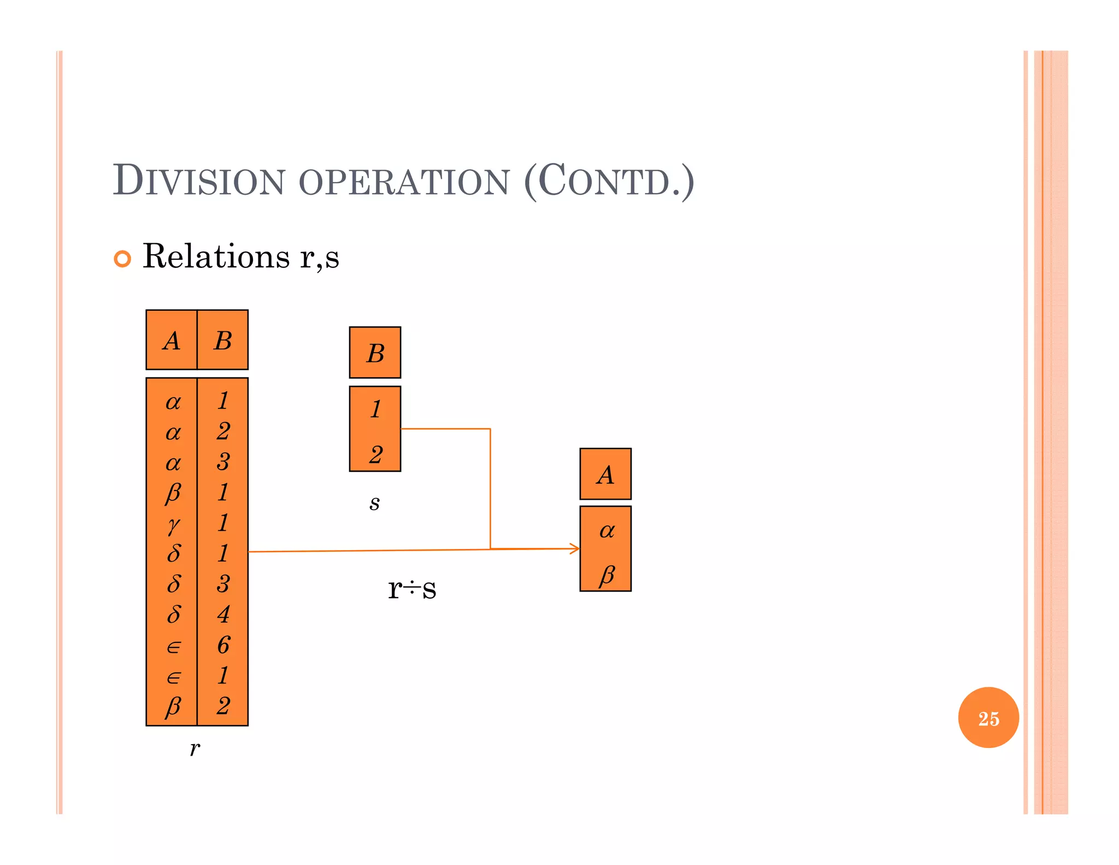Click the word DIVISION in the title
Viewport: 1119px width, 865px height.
click(199, 181)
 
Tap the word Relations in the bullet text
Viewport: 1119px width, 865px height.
click(216, 256)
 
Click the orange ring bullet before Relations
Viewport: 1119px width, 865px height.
click(122, 259)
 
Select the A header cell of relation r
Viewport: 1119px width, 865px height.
click(172, 340)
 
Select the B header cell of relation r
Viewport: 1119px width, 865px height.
click(222, 340)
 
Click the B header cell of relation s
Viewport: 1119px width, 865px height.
click(375, 353)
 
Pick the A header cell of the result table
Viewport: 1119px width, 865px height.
click(605, 474)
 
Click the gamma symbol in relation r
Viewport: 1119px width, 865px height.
click(173, 524)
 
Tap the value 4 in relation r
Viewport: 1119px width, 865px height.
click(223, 614)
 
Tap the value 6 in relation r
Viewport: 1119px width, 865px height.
click(223, 645)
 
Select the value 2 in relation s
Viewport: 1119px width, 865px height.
click(375, 454)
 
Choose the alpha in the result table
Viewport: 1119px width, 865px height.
click(606, 530)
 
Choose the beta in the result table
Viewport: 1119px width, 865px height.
click(606, 575)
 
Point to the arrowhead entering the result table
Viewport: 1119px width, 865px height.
click(575, 548)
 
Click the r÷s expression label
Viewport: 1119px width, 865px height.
click(412, 588)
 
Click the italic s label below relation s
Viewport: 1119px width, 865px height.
click(374, 502)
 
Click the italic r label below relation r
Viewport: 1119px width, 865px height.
click(195, 748)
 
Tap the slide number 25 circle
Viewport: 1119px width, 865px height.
click(988, 718)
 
